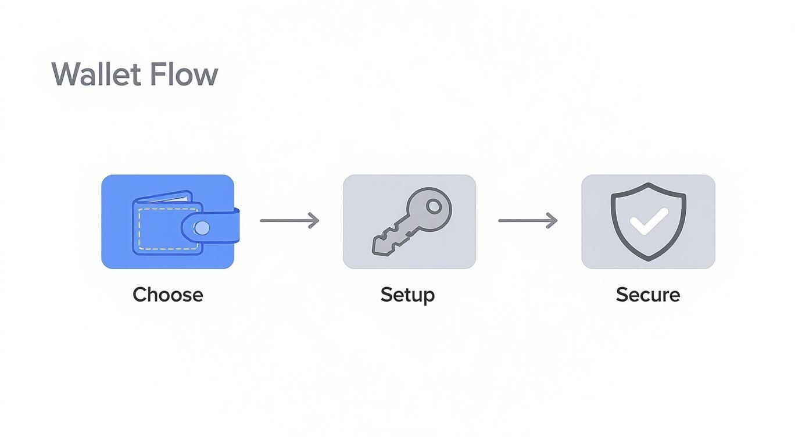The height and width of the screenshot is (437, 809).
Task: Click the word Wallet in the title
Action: (96, 74)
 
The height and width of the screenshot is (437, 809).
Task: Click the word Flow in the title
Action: (184, 74)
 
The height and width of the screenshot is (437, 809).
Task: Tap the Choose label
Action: (168, 295)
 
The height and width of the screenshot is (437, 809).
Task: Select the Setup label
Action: (407, 295)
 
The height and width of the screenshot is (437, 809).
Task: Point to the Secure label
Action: (647, 295)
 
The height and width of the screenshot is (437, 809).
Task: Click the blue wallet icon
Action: (168, 222)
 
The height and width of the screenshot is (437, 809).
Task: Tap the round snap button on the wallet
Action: (202, 228)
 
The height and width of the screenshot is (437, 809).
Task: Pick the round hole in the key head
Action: (433, 206)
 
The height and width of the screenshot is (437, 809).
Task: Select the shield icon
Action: (648, 221)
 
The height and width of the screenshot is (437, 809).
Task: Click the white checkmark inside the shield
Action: (649, 221)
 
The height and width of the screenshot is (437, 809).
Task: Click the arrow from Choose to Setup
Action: (289, 221)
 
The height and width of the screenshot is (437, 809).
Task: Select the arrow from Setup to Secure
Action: (528, 221)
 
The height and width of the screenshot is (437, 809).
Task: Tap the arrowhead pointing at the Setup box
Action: (314, 221)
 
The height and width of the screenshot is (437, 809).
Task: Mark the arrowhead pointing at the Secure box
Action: (553, 221)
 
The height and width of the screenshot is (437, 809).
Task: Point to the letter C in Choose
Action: (139, 295)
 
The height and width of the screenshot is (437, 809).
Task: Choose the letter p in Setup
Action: (428, 296)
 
